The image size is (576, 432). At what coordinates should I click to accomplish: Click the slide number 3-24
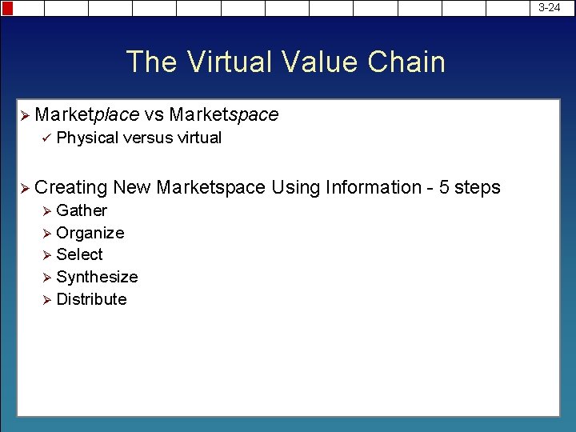coord(550,7)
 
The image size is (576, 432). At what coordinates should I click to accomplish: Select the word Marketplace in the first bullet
coord(87,115)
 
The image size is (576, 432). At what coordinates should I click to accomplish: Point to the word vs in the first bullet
coord(154,115)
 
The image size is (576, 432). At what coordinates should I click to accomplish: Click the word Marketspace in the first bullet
coord(224,115)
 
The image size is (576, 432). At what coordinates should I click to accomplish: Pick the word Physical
coord(87,138)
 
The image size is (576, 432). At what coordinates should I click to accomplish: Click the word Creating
coord(71,188)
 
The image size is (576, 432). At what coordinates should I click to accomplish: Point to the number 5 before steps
coord(444,187)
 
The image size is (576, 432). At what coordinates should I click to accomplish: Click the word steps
coord(478,188)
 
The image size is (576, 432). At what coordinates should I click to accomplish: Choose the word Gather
coord(82,210)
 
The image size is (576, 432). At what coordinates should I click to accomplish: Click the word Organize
coord(90,233)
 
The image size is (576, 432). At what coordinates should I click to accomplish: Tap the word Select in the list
coord(80,254)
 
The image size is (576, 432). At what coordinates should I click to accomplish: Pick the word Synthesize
coord(97,277)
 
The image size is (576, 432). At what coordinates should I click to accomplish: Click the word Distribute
coord(91,299)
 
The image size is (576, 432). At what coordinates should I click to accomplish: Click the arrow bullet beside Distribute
coord(46,299)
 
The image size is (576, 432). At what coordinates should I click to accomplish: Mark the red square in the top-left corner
coord(7,8)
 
